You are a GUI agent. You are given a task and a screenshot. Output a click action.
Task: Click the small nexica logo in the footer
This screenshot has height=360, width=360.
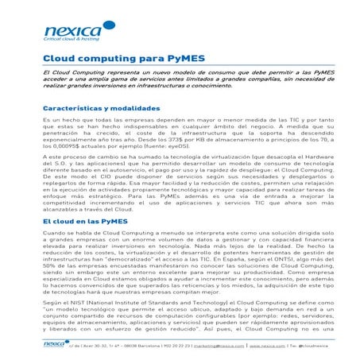click(x=54, y=344)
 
